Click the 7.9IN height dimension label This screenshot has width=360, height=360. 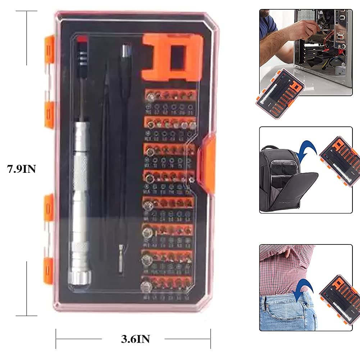point(22,168)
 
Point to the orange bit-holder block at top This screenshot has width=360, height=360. point(172,58)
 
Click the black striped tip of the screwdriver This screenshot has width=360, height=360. point(82,54)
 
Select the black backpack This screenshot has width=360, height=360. point(284,180)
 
